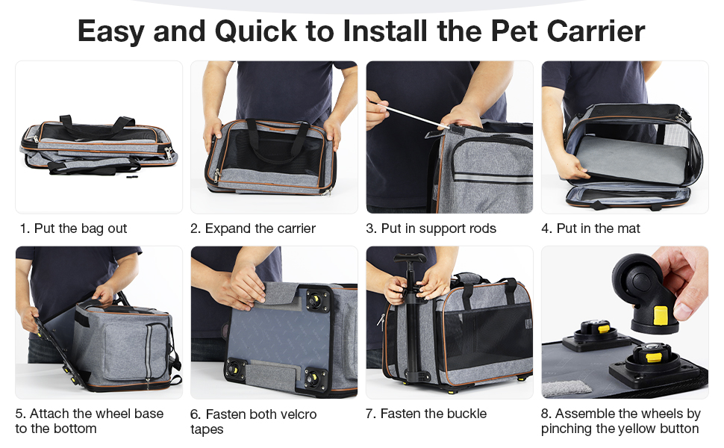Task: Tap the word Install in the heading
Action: tap(392, 31)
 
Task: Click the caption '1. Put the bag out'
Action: tap(73, 228)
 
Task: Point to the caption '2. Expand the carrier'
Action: tap(253, 228)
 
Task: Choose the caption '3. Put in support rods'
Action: tap(431, 228)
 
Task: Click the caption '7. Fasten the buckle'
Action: tap(425, 414)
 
